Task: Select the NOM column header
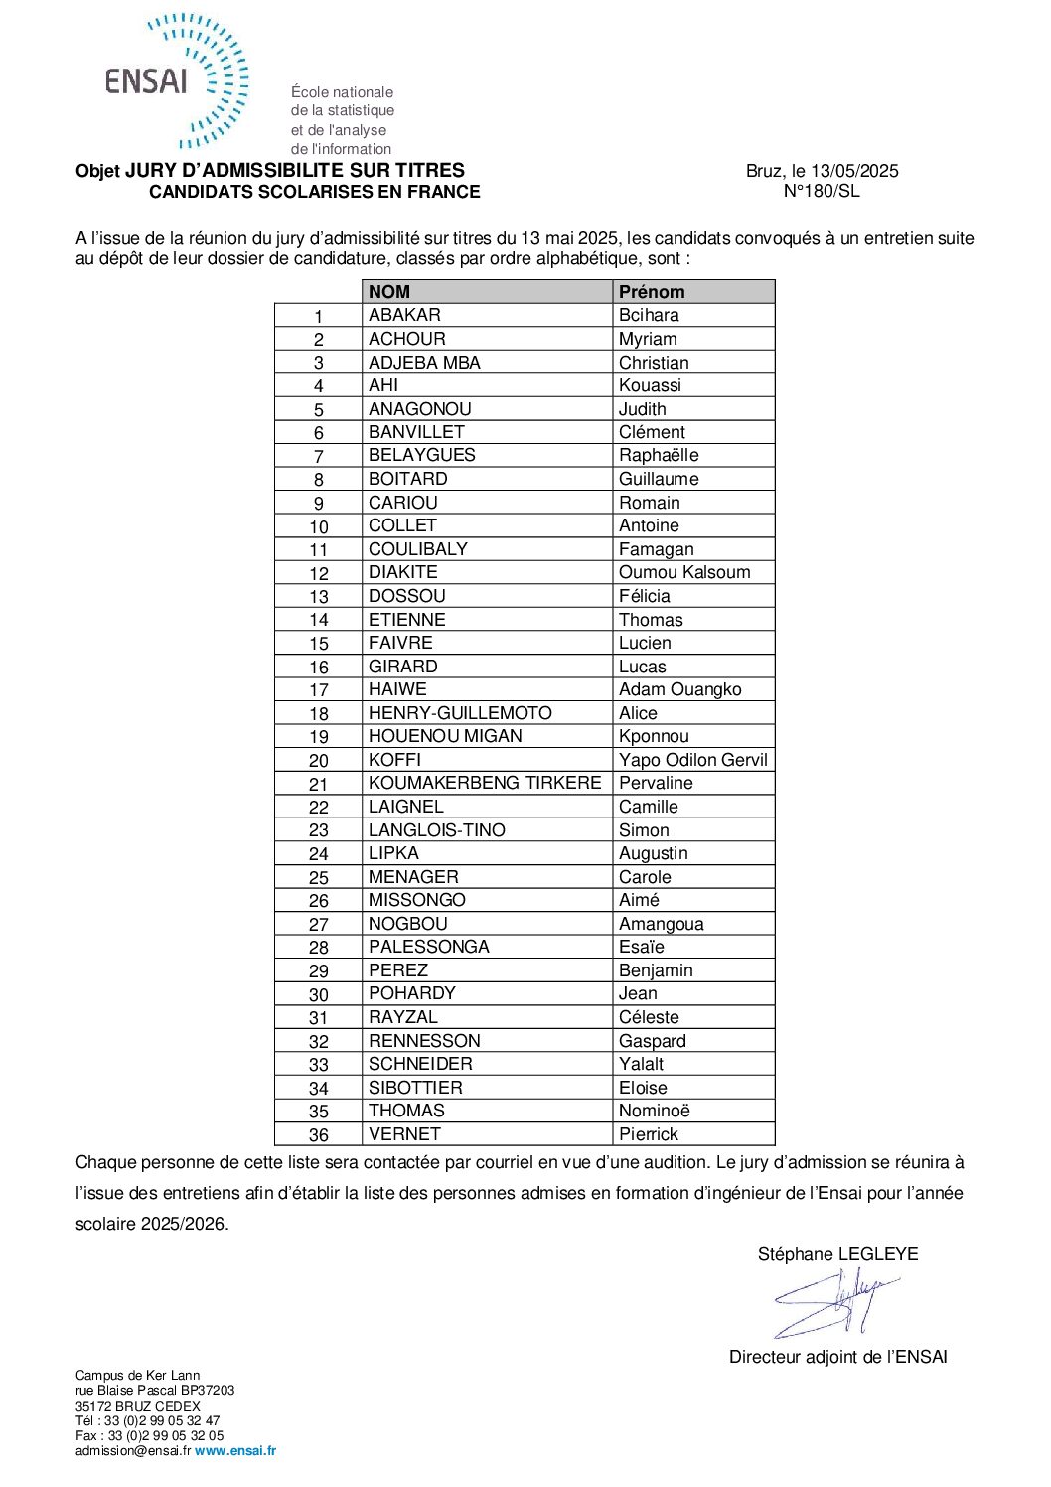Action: pyautogui.click(x=389, y=292)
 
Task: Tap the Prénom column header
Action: pyautogui.click(x=652, y=292)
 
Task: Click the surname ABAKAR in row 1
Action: pyautogui.click(x=404, y=315)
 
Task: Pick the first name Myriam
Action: pyautogui.click(x=648, y=339)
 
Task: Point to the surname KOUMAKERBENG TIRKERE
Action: pyautogui.click(x=485, y=783)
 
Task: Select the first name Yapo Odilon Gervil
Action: pyautogui.click(x=693, y=760)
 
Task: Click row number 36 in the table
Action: pyautogui.click(x=318, y=1135)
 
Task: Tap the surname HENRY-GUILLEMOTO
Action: pyautogui.click(x=460, y=713)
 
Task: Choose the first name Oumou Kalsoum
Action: pyautogui.click(x=684, y=572)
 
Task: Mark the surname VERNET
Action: pyautogui.click(x=404, y=1134)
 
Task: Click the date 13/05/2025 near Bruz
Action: pyautogui.click(x=854, y=171)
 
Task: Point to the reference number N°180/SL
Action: pyautogui.click(x=822, y=191)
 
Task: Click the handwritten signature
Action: pyautogui.click(x=834, y=1302)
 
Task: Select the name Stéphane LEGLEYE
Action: pyautogui.click(x=837, y=1254)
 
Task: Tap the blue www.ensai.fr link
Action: pyautogui.click(x=235, y=1451)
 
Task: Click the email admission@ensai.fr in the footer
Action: pyautogui.click(x=133, y=1451)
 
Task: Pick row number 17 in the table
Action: pyautogui.click(x=318, y=690)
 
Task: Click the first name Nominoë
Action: pyautogui.click(x=654, y=1111)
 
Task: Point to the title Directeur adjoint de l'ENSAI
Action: pyautogui.click(x=837, y=1357)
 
